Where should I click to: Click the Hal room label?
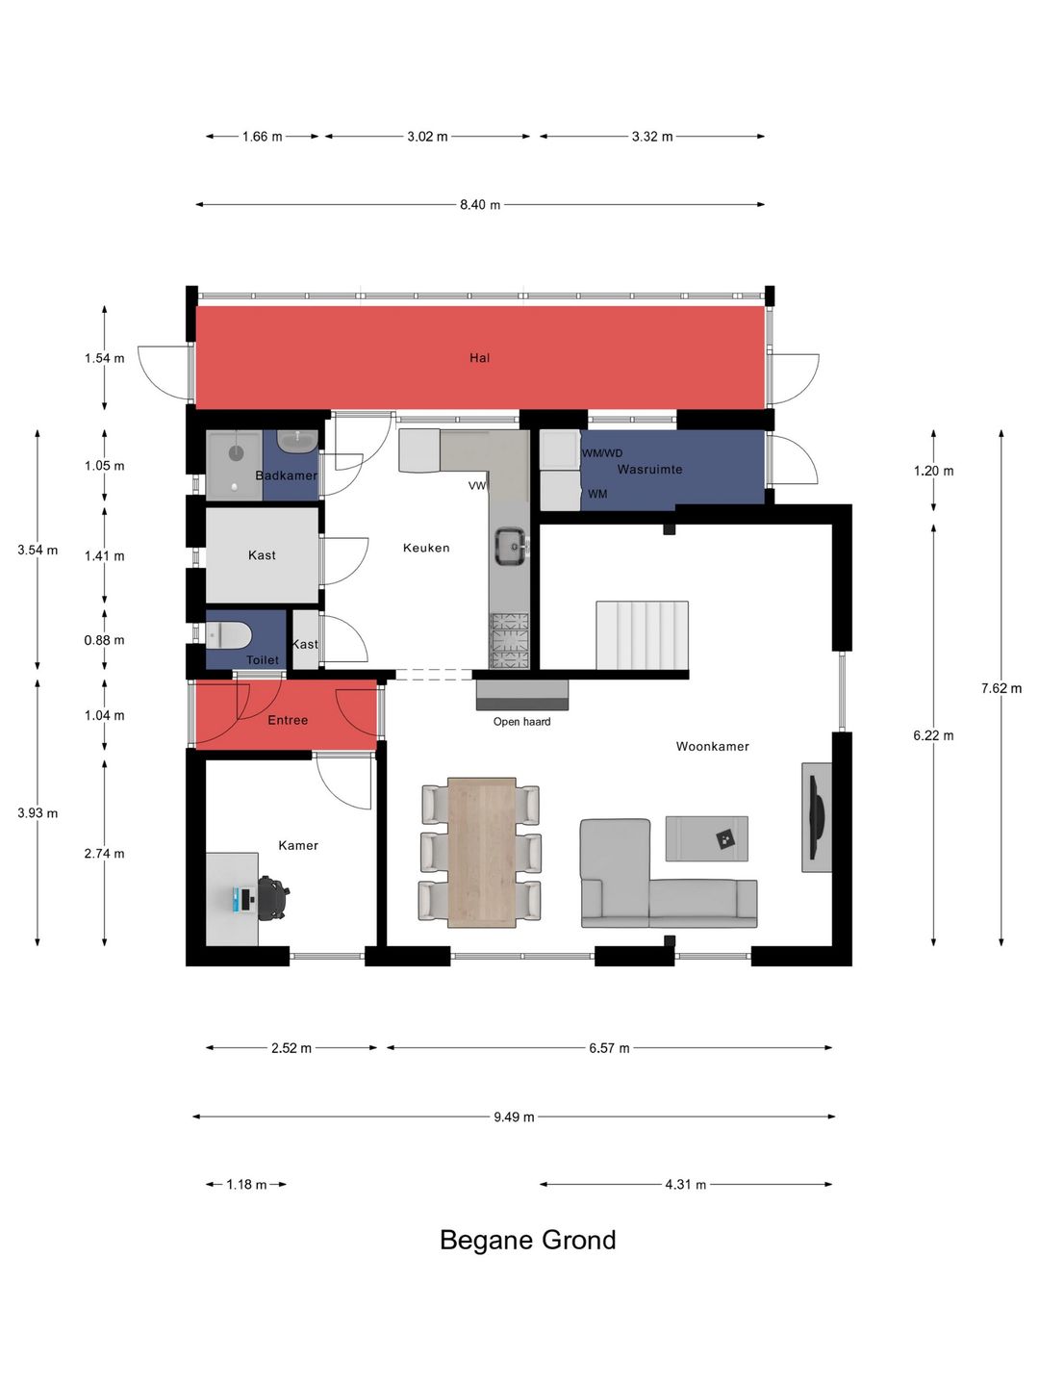pyautogui.click(x=479, y=358)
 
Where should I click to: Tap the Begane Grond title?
pyautogui.click(x=527, y=1240)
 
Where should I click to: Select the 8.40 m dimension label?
pyautogui.click(x=480, y=205)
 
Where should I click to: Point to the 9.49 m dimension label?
pyautogui.click(x=514, y=1117)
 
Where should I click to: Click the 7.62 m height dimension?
pyautogui.click(x=1001, y=688)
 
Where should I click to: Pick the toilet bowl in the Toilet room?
pyautogui.click(x=228, y=635)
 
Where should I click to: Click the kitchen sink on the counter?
pyautogui.click(x=512, y=546)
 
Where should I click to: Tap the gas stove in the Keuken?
pyautogui.click(x=510, y=640)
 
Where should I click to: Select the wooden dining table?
pyautogui.click(x=482, y=853)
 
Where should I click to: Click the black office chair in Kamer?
pyautogui.click(x=274, y=897)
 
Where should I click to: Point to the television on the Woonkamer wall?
pyautogui.click(x=815, y=818)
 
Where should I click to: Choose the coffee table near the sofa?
pyautogui.click(x=706, y=838)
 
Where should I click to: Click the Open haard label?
pyautogui.click(x=521, y=722)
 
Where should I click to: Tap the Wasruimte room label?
pyautogui.click(x=649, y=469)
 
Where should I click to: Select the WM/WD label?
pyautogui.click(x=602, y=453)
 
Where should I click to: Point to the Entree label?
pyautogui.click(x=288, y=720)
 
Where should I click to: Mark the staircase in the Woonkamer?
pyautogui.click(x=643, y=635)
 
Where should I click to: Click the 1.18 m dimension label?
pyautogui.click(x=246, y=1185)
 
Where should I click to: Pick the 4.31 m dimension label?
pyautogui.click(x=685, y=1185)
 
